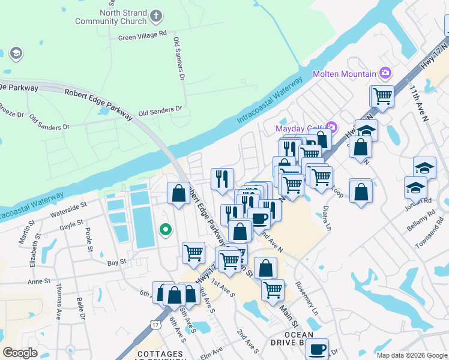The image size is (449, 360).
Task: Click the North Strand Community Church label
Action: pos(110,17)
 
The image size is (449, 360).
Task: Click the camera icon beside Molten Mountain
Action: pos(385,74)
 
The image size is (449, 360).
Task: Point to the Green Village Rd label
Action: pos(142,36)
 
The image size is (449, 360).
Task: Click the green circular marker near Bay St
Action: pos(164,229)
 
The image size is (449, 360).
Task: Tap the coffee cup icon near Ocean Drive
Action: pos(316,348)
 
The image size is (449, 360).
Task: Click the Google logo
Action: pos(20,352)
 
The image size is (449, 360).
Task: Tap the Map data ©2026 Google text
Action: pos(412,355)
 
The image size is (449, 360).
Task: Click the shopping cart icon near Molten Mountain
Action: pos(382,95)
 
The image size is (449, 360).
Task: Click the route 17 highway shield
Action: pos(156,325)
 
